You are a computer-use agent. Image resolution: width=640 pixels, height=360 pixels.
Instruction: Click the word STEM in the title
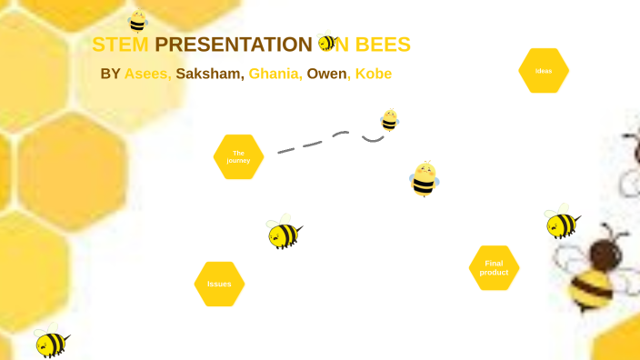(120, 45)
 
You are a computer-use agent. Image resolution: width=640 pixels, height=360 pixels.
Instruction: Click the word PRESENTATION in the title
(234, 45)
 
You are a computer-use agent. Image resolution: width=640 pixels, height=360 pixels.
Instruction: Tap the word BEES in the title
(382, 45)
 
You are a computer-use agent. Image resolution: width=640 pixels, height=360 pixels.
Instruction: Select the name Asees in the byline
(147, 74)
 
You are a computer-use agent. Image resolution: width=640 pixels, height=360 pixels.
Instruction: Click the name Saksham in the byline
(209, 74)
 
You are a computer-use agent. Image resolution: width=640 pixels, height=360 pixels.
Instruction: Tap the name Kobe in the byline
(374, 74)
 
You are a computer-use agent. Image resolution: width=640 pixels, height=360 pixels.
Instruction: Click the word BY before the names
(110, 74)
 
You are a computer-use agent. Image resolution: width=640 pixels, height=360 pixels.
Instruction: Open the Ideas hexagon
(544, 71)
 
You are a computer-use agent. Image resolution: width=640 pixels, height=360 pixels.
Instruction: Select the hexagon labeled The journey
(238, 156)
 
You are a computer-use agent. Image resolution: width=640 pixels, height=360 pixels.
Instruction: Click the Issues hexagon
(219, 284)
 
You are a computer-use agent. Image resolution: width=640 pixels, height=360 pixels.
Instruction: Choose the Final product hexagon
(494, 268)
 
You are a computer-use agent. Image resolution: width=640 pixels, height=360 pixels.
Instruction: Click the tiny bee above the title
(137, 21)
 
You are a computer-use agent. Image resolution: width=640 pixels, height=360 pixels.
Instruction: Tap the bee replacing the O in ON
(327, 43)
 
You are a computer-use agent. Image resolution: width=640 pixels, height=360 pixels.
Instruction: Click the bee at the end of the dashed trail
(389, 120)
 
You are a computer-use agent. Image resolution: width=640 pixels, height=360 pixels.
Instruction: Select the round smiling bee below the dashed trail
(424, 179)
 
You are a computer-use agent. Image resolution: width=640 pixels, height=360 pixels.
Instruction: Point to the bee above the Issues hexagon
(284, 234)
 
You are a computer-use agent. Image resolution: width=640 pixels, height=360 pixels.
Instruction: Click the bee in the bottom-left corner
(50, 342)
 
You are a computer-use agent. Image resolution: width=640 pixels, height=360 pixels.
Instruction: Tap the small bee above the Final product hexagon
(561, 222)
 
